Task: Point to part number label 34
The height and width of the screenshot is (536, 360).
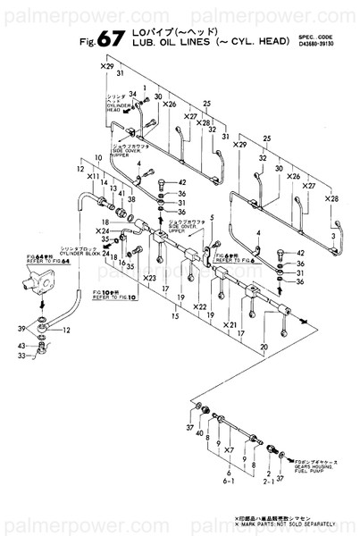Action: (131, 94)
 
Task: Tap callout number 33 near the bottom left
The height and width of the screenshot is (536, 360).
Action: (21, 356)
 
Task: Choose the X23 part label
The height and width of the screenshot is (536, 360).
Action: (149, 278)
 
